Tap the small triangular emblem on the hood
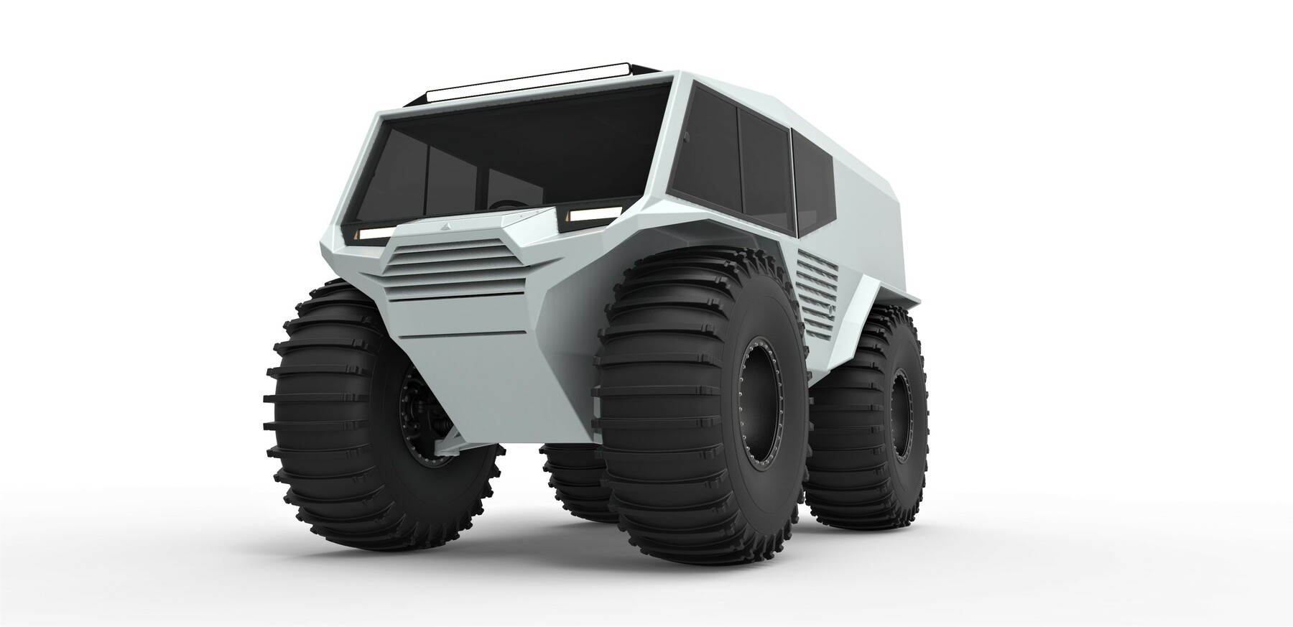pyautogui.click(x=437, y=226)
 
